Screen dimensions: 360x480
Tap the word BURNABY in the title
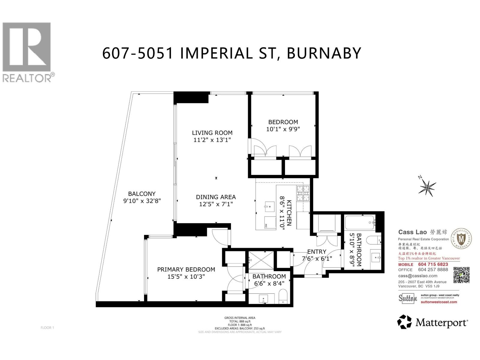click(x=324, y=54)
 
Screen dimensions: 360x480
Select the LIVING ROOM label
click(x=212, y=133)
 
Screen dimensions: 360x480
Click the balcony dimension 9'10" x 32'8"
click(x=142, y=201)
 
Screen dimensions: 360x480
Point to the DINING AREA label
click(x=216, y=197)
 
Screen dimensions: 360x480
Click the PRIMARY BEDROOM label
click(x=186, y=269)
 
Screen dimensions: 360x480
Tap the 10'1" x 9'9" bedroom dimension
click(x=283, y=129)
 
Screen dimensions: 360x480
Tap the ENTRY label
click(x=316, y=252)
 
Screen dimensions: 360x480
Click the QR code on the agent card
click(x=461, y=275)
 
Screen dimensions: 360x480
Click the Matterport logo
click(x=432, y=322)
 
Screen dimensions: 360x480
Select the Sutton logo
click(x=408, y=298)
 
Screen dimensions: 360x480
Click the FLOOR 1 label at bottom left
click(x=47, y=328)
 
